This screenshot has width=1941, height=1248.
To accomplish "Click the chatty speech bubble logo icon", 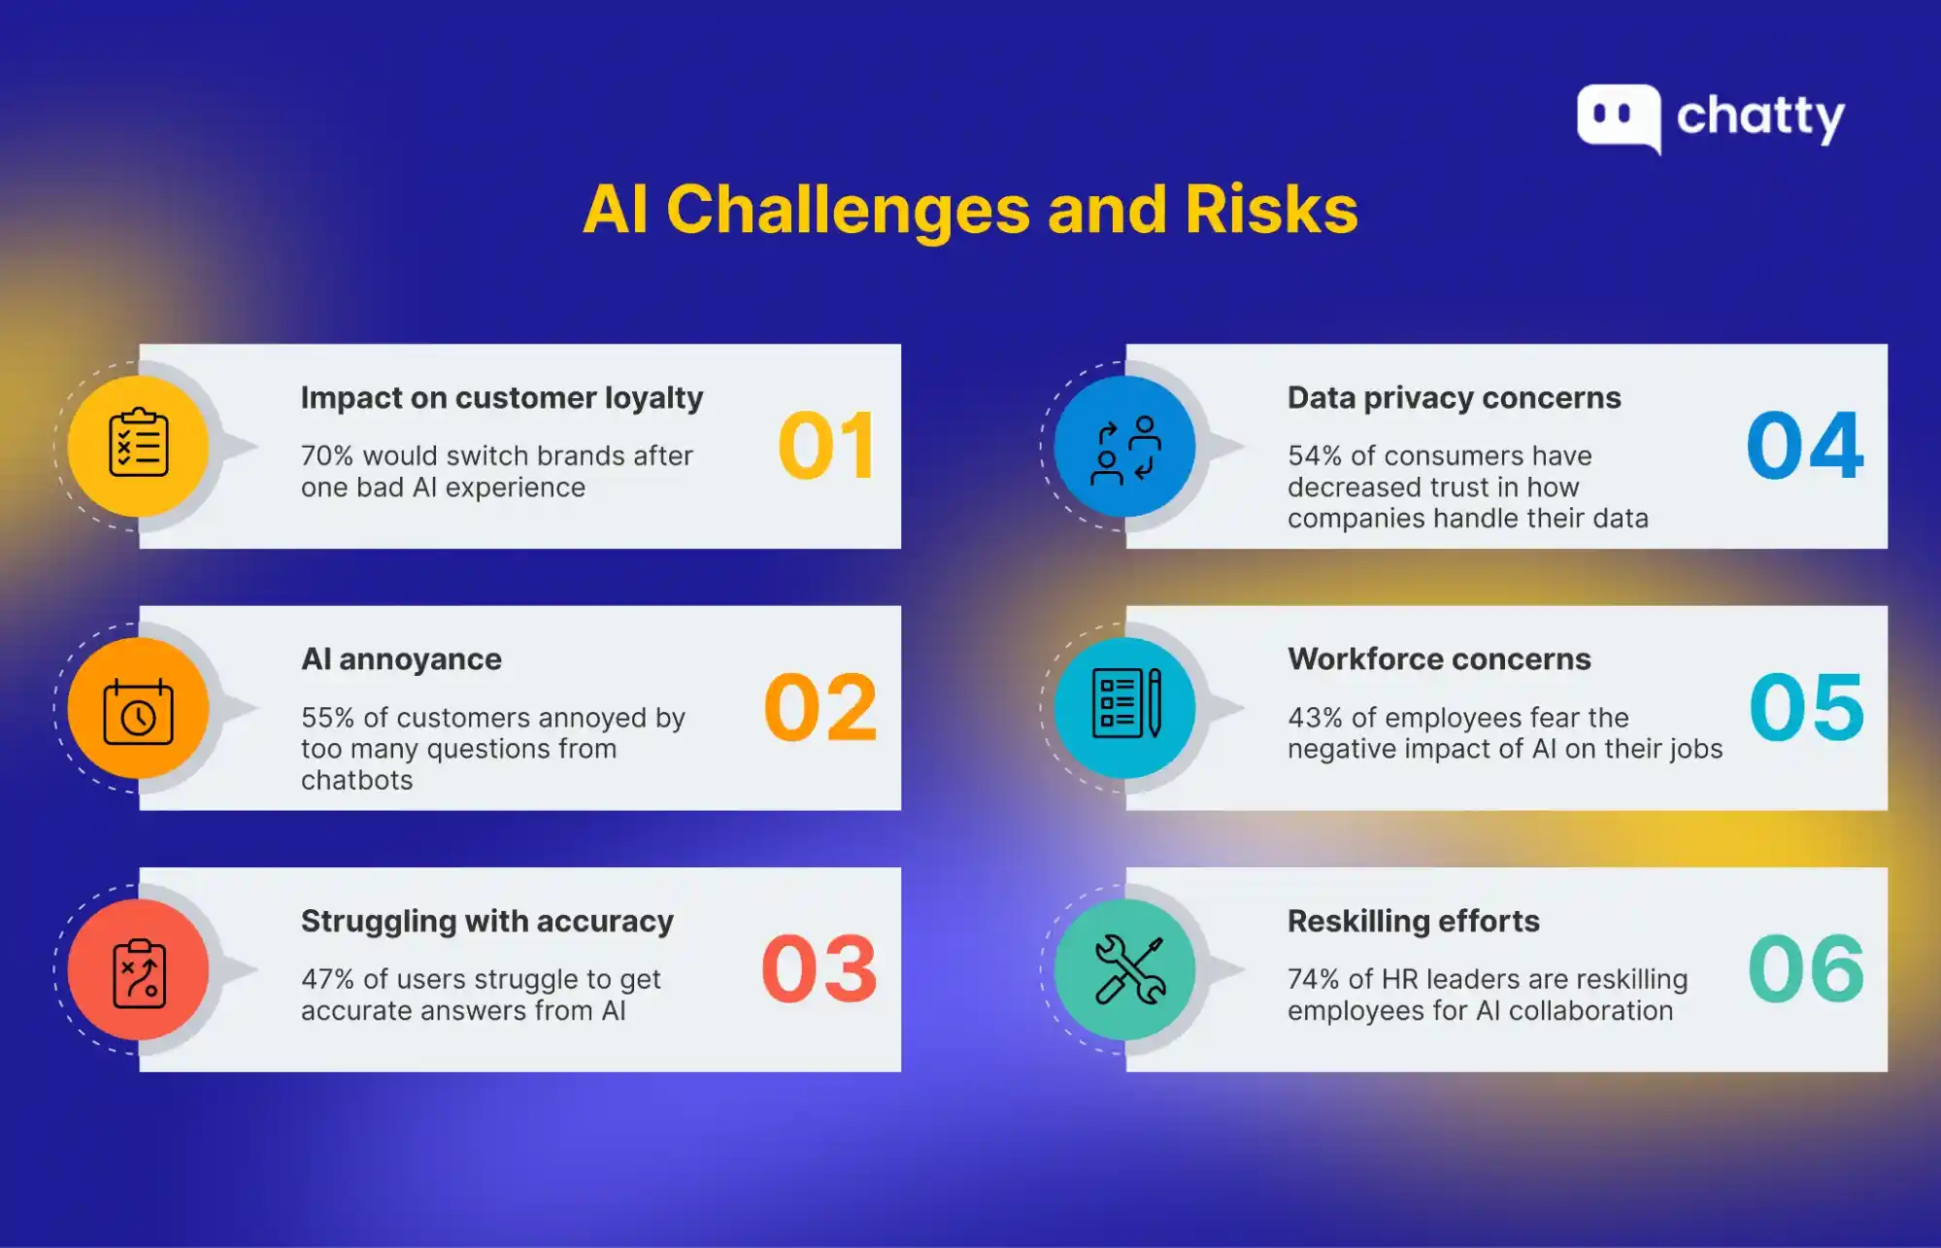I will (1618, 118).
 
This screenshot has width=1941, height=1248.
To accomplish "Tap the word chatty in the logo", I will (1759, 118).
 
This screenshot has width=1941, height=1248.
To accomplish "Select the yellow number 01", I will (827, 446).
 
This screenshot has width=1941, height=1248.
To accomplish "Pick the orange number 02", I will (820, 708).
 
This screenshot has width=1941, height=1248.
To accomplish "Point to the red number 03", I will (820, 969).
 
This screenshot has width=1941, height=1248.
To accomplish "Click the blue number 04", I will (1804, 446).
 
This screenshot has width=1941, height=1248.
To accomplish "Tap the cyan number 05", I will (1806, 708).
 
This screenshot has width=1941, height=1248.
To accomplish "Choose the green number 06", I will (1806, 969).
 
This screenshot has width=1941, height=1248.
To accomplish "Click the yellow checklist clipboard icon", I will (139, 445).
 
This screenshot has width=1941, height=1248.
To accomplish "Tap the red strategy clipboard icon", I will (139, 971).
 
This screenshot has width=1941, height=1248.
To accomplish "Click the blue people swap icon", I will (1125, 450).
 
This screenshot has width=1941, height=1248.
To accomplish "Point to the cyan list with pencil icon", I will (1125, 703).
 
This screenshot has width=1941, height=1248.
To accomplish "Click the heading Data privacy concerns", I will (1454, 398).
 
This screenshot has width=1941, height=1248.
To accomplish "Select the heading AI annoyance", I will (401, 659).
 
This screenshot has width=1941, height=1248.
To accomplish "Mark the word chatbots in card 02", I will (356, 781).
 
